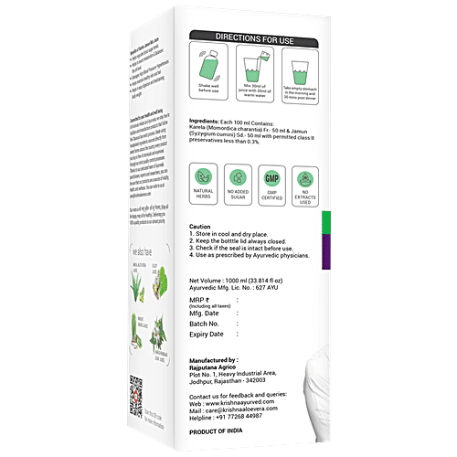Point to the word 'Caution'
tap(199, 226)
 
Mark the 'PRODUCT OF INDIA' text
tap(220, 432)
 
